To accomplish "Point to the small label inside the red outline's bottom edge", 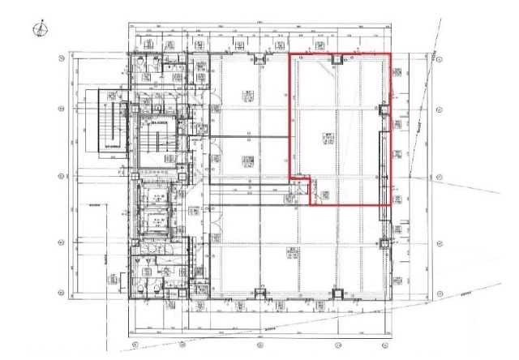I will pos(324,195).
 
